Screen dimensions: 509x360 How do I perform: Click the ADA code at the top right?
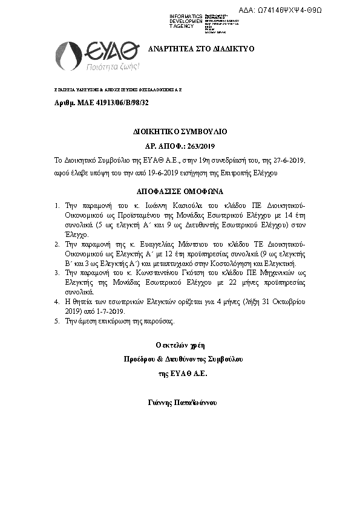coord(297,10)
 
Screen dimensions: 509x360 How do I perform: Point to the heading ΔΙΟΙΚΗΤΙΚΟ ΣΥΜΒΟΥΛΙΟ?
coord(180,131)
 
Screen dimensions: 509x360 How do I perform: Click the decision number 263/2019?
coord(194,146)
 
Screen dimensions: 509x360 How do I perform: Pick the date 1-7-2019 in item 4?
coord(109,311)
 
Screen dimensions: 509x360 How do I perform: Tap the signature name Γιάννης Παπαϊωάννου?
coord(182,402)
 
